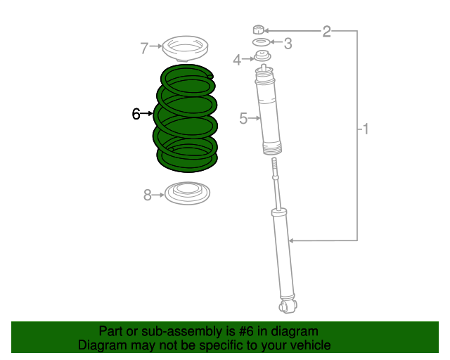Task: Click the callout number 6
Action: pos(136,113)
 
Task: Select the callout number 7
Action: pos(144,49)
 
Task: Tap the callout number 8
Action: pos(148,195)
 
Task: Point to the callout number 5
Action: pos(243,119)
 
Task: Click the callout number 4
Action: pos(238,60)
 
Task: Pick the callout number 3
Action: pos(288,44)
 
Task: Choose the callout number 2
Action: pos(326,30)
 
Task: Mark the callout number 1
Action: pos(365,129)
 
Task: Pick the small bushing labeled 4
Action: pos(262,56)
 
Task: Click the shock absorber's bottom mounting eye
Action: pos(287,306)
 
